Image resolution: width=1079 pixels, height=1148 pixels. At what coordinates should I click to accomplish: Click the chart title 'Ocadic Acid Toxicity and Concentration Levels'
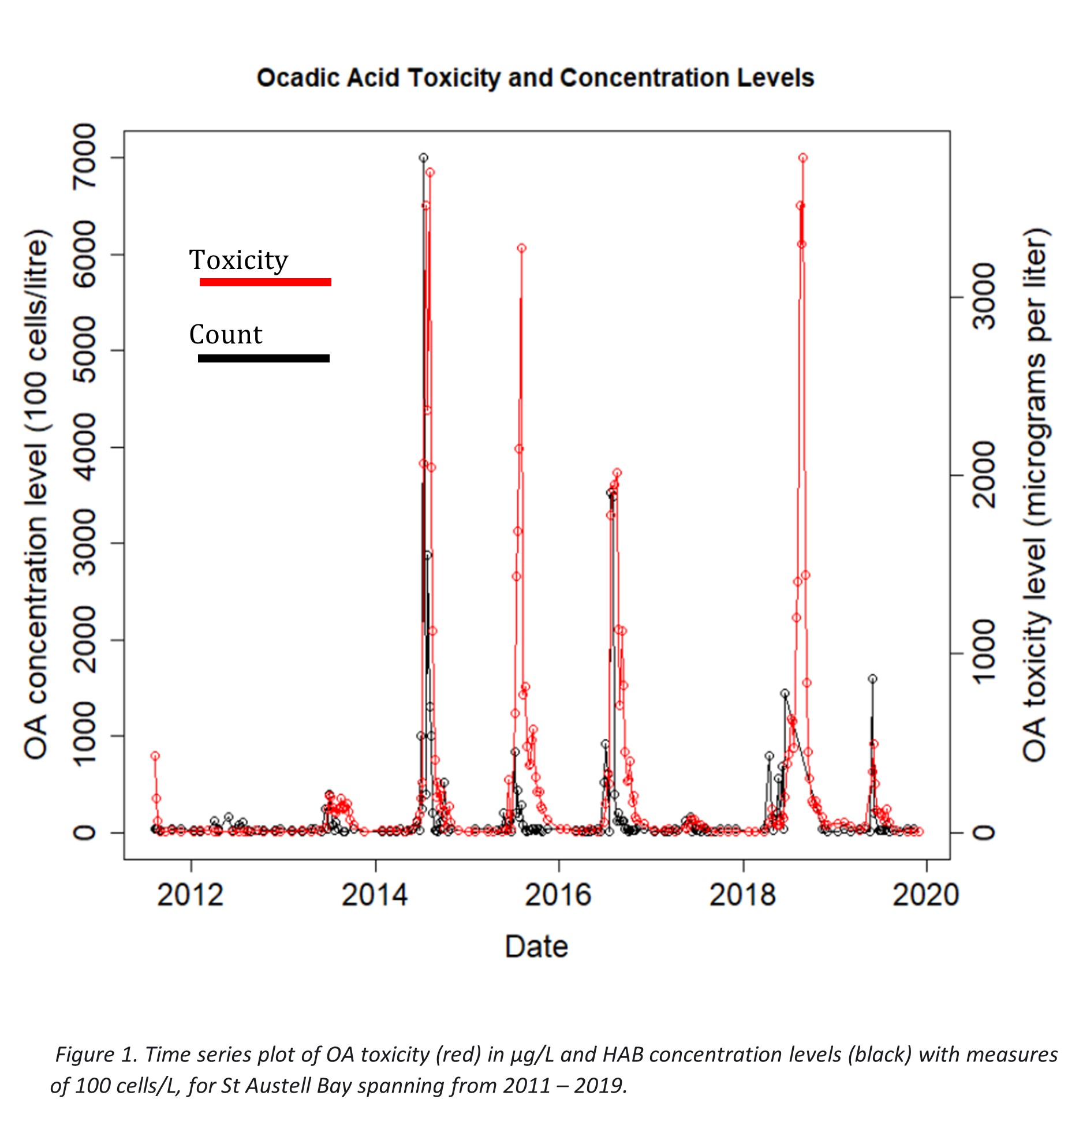[x=535, y=78]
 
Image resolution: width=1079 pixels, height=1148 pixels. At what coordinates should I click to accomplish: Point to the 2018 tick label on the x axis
[x=742, y=896]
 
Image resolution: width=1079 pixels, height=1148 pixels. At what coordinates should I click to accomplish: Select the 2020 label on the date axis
[x=925, y=896]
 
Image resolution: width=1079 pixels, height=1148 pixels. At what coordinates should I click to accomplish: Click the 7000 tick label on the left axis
[x=84, y=157]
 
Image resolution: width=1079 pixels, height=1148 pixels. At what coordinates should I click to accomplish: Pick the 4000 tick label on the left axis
[x=84, y=447]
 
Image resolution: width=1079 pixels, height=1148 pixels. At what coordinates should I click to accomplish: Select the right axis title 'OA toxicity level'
[x=1035, y=494]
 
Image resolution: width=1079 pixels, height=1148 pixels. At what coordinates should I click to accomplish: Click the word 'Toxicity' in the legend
[x=238, y=260]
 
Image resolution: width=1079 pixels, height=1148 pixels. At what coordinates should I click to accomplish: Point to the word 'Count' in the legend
[x=226, y=335]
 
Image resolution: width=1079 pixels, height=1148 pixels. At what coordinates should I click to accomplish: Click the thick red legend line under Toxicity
[x=265, y=282]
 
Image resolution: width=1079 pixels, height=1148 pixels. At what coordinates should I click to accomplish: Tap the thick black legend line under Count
[x=263, y=358]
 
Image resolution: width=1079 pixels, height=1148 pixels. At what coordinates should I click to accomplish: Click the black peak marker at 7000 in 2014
[x=423, y=158]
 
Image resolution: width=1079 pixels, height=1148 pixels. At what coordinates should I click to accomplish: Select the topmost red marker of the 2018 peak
[x=803, y=158]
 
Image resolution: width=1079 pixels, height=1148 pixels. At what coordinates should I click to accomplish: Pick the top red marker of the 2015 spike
[x=521, y=248]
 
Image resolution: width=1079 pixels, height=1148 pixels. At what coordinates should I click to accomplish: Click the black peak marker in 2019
[x=872, y=679]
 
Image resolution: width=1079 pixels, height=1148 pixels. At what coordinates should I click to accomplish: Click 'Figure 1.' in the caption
[x=96, y=1054]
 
